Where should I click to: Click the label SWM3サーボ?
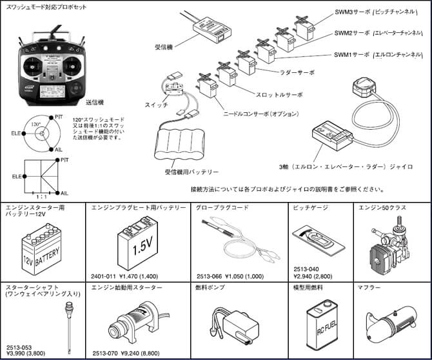coord(351,13)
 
